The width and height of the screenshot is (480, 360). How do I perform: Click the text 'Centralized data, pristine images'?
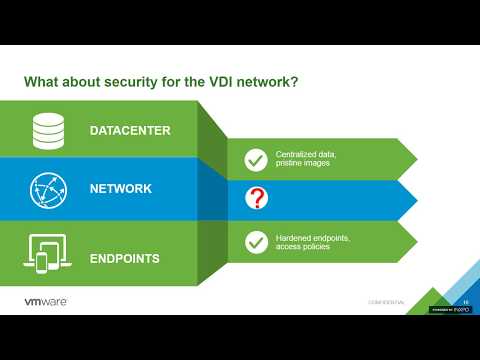pos(304,160)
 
